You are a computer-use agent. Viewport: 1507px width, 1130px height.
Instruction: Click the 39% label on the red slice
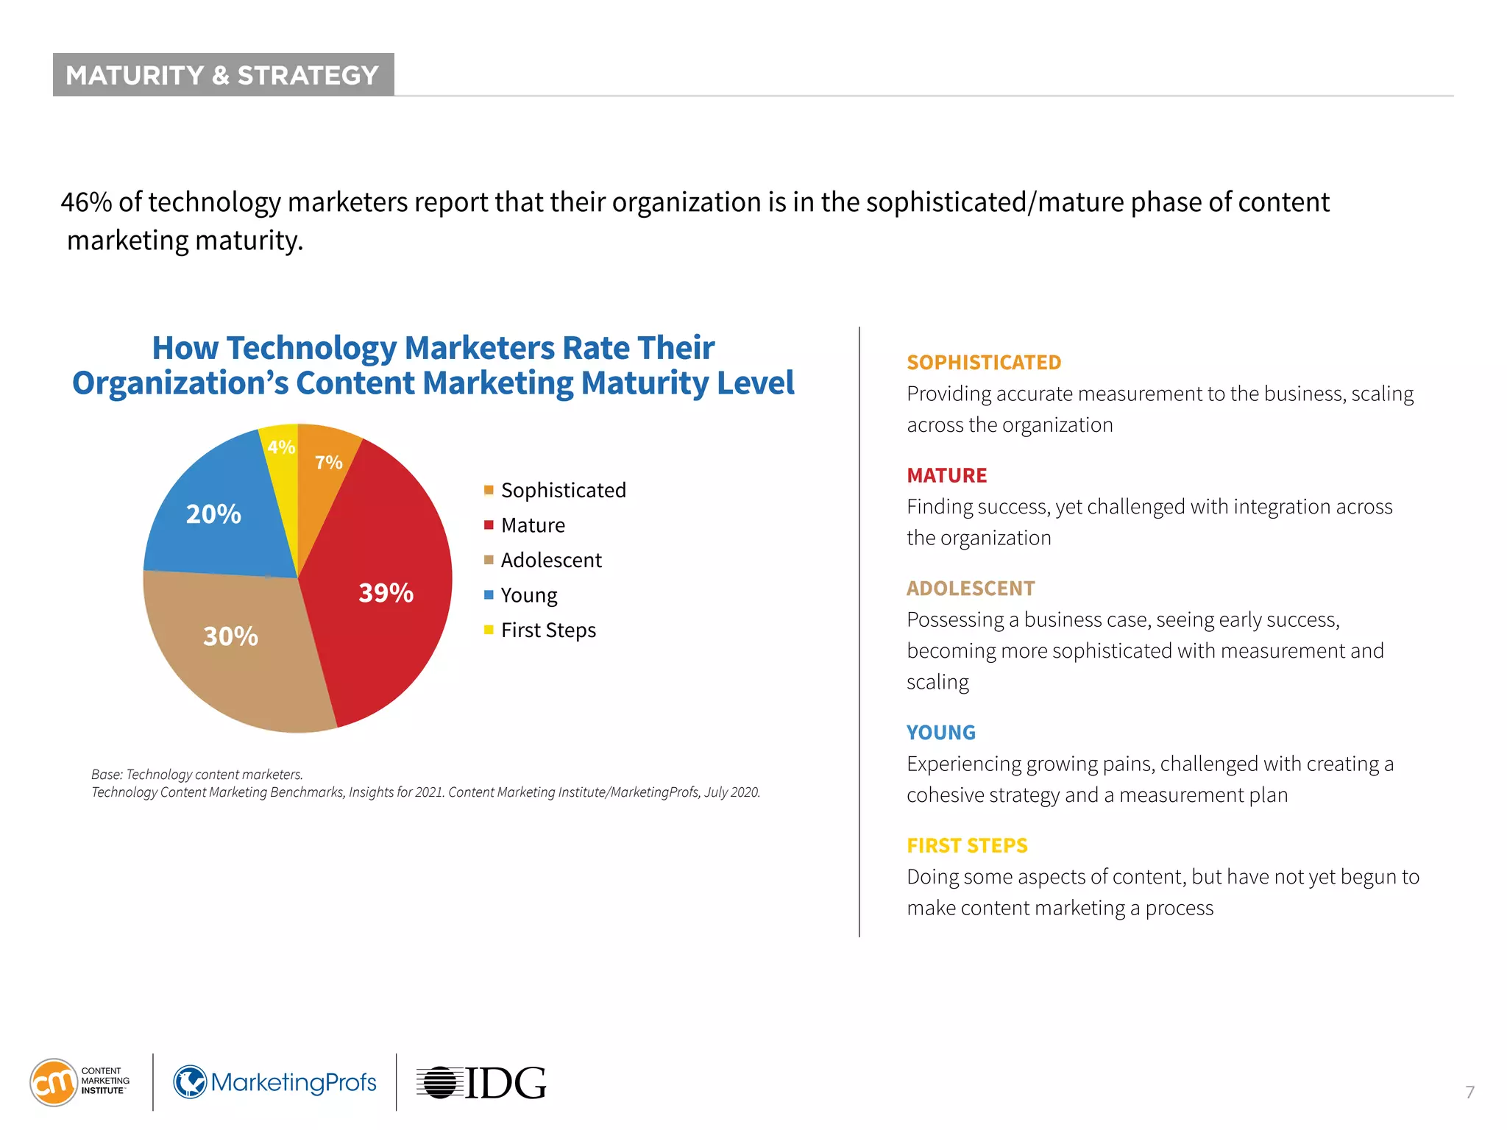click(x=386, y=592)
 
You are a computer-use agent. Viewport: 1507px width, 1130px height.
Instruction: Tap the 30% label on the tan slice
click(x=230, y=636)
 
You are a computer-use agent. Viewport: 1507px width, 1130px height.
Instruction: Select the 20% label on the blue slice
click(x=213, y=514)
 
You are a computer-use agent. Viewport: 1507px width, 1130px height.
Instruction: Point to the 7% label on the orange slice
click(x=328, y=462)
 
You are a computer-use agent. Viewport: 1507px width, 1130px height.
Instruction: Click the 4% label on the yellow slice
click(x=281, y=447)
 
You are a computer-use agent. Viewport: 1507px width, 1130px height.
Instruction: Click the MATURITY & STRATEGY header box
click(x=223, y=74)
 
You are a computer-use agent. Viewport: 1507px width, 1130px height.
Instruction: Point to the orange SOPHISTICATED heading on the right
click(x=983, y=362)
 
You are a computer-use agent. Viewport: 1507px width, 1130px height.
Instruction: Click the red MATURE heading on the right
click(x=946, y=475)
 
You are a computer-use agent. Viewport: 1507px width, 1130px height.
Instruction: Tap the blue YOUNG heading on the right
click(x=940, y=732)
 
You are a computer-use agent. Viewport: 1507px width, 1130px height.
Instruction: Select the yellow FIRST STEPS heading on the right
click(x=966, y=845)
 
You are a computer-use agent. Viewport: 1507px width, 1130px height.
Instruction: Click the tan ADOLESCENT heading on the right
click(x=970, y=588)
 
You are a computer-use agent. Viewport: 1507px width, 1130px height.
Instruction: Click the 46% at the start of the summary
click(x=86, y=202)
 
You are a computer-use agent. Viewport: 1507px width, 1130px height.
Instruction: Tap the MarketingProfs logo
click(x=274, y=1082)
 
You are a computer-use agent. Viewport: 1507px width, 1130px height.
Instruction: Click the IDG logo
click(x=482, y=1083)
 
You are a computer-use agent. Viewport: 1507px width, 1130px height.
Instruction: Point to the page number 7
click(x=1469, y=1092)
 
